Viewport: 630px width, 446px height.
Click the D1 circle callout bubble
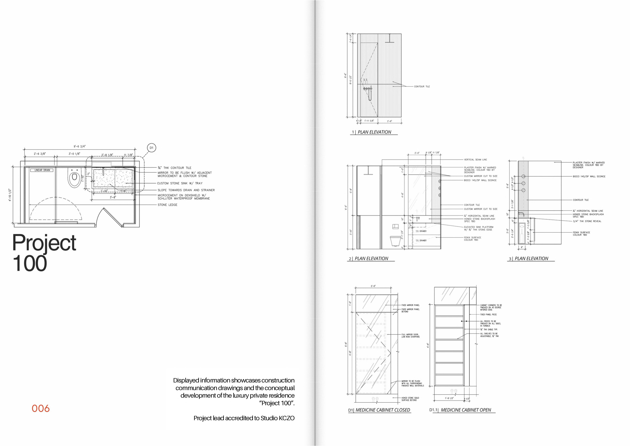151,148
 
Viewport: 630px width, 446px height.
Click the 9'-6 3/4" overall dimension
80,146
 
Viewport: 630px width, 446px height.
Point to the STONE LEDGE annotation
167,205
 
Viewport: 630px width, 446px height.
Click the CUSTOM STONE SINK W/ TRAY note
180,183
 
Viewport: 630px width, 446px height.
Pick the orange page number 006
41,408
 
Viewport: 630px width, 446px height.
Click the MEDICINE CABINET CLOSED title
383,410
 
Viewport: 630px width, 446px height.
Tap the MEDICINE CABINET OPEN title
466,410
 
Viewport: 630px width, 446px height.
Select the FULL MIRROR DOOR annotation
410,336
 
